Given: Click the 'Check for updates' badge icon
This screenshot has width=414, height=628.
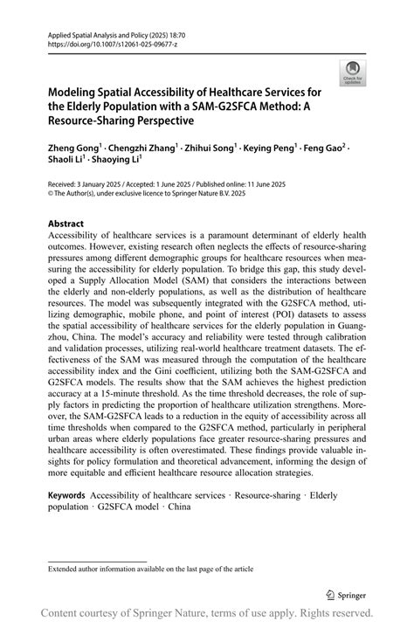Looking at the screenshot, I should coord(354,72).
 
